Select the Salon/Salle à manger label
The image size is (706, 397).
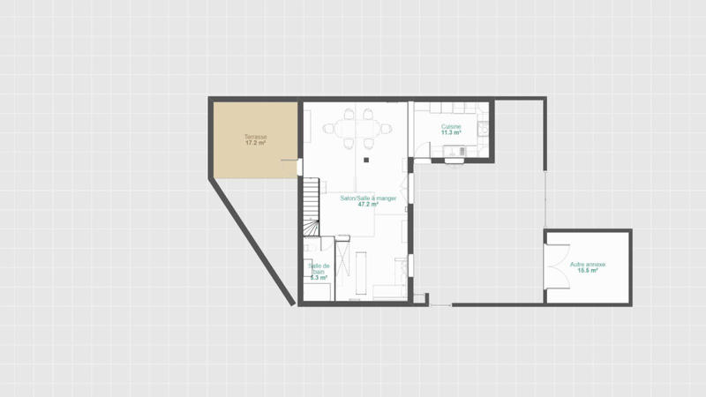pos(368,198)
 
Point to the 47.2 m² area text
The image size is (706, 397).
pos(368,205)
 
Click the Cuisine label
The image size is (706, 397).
pos(451,127)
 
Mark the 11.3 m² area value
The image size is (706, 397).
pos(451,133)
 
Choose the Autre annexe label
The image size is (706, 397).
pos(587,265)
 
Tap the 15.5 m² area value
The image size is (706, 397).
pos(587,271)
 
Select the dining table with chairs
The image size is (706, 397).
pos(357,129)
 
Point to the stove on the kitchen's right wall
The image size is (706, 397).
pos(483,131)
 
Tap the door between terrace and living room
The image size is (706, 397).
pos(298,165)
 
